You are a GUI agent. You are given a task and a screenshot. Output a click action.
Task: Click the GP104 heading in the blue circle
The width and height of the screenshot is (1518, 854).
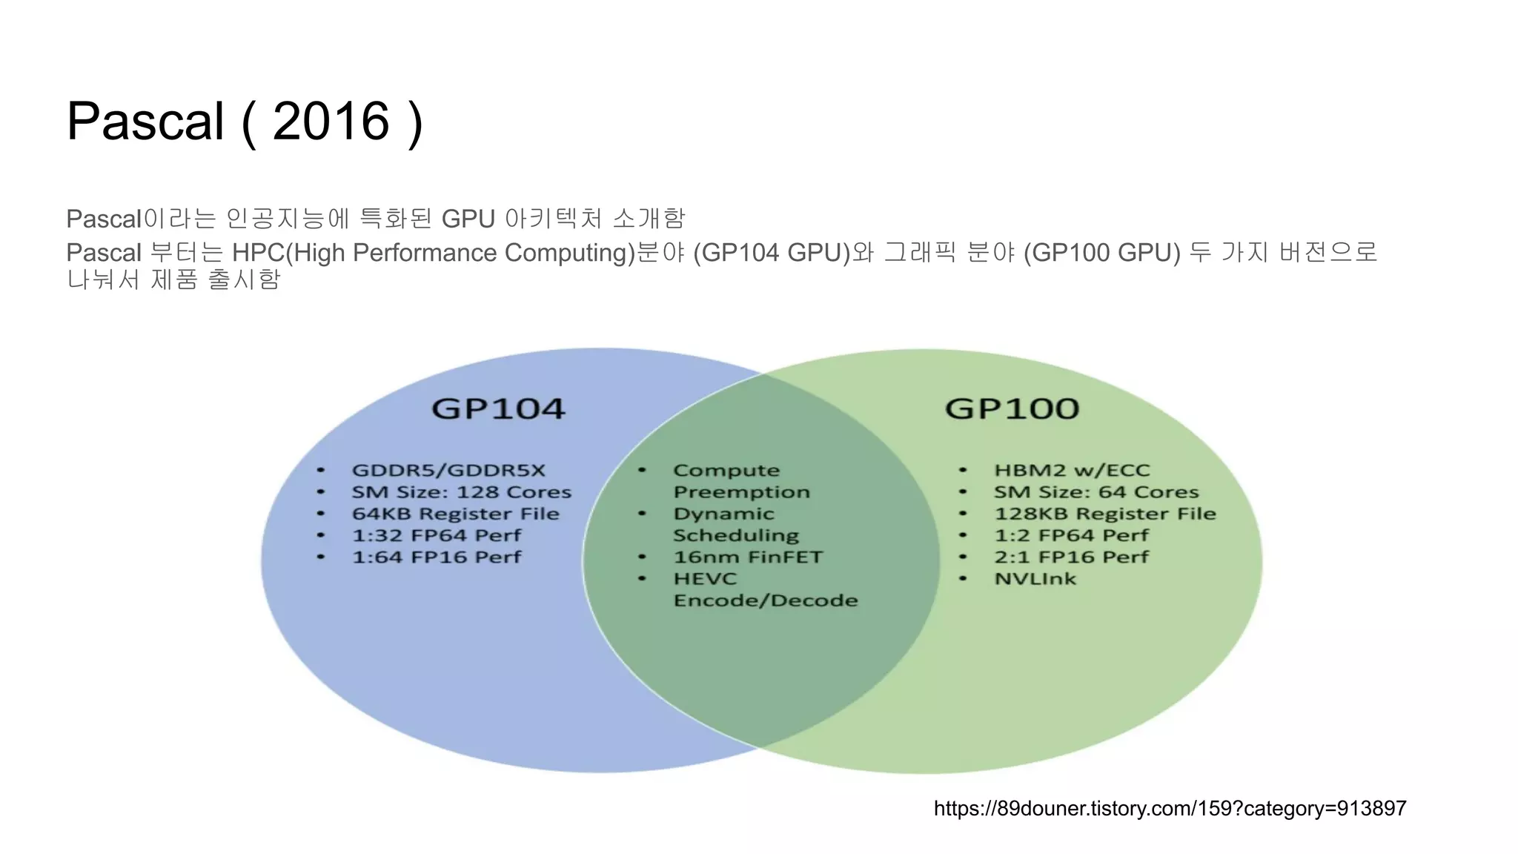[498, 408]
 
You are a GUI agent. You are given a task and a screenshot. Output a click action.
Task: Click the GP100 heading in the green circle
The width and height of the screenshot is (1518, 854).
[1012, 408]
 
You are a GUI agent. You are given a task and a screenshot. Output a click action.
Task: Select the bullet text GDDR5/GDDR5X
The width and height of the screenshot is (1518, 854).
[448, 470]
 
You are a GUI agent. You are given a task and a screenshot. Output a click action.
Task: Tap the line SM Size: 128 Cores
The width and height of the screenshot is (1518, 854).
[461, 492]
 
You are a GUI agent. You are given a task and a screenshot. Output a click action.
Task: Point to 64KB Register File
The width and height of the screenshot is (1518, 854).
[455, 514]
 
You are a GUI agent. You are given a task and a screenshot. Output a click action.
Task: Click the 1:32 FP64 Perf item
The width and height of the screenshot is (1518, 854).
[437, 535]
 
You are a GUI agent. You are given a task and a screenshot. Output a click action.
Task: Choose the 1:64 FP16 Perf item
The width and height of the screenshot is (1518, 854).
[437, 557]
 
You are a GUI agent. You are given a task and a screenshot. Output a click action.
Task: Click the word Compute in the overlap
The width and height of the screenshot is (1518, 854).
[726, 470]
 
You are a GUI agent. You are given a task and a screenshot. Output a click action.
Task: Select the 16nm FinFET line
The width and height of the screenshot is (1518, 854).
[748, 557]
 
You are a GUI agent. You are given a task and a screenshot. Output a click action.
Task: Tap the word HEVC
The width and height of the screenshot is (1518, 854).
[705, 578]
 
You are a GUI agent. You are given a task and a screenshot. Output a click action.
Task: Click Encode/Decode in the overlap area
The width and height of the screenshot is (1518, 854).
[766, 600]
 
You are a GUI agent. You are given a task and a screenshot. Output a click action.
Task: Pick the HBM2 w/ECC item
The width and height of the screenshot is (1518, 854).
[1072, 470]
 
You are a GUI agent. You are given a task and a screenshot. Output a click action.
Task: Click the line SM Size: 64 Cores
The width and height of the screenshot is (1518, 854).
[1096, 492]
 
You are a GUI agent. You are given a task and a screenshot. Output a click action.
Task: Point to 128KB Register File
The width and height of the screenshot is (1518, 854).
[1104, 514]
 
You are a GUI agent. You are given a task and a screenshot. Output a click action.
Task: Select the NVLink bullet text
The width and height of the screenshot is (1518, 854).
[1035, 578]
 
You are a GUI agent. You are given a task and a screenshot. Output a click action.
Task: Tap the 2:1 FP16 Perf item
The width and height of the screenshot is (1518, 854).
[1071, 557]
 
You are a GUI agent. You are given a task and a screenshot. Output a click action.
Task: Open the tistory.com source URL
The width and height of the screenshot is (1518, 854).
[1170, 808]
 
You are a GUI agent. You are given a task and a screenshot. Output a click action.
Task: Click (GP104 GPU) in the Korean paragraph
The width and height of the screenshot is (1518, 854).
[772, 253]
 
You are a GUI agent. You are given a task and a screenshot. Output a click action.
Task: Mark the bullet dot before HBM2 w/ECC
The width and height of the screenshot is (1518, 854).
[962, 470]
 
